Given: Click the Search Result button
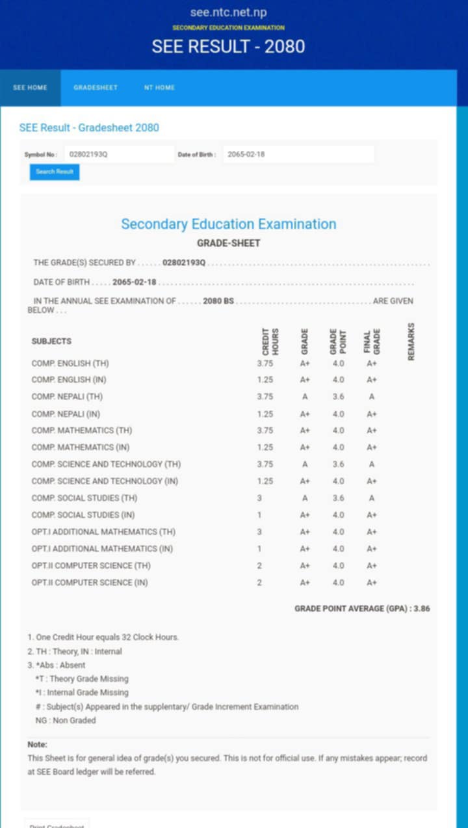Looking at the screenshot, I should [x=55, y=172].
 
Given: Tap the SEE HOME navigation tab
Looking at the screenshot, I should [x=30, y=88].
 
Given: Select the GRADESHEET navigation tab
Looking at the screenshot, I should [x=96, y=88].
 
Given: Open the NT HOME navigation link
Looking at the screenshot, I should [x=159, y=88].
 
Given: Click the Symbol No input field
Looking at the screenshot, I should [x=119, y=155].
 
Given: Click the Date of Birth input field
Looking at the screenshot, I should [x=298, y=155].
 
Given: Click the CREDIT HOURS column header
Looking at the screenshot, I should [x=270, y=341].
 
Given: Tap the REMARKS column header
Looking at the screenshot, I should [x=411, y=341].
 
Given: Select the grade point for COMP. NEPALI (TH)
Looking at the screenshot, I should [x=338, y=397].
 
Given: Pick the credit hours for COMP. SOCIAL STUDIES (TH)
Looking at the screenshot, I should [x=259, y=498].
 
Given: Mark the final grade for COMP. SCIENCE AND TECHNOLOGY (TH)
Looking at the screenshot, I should [x=371, y=464].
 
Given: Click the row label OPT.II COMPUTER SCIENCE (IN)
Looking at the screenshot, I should [x=90, y=583].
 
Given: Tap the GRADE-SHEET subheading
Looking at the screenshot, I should [x=228, y=243].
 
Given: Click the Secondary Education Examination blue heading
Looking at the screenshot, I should [x=228, y=224].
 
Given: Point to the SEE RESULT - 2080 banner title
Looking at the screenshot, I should [x=228, y=47].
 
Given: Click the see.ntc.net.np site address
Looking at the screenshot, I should [x=228, y=12].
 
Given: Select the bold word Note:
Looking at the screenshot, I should [x=37, y=744].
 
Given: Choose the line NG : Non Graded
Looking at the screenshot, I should [x=65, y=721].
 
